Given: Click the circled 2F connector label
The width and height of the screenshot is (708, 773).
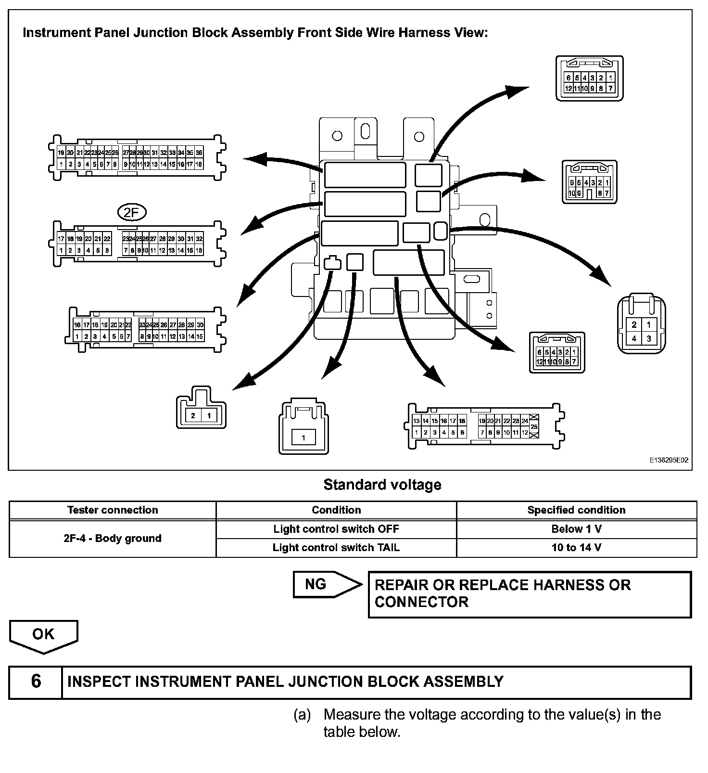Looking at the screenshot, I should (x=131, y=212).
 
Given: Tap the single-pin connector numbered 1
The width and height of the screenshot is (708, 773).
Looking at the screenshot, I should (x=303, y=426).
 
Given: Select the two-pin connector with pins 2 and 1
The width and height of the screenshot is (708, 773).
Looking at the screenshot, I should (x=201, y=408).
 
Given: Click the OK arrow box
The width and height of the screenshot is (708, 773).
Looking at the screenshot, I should (x=43, y=636).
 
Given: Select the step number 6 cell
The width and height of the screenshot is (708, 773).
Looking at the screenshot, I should (x=36, y=682).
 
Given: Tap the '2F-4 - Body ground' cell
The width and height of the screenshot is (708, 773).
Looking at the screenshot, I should (x=113, y=538).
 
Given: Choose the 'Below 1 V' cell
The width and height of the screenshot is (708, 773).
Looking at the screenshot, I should (x=576, y=529).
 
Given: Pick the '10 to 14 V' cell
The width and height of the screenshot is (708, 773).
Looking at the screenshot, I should (x=576, y=548).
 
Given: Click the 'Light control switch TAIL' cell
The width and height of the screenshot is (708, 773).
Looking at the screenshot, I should (x=336, y=548).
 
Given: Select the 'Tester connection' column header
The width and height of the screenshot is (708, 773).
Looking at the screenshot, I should (x=113, y=510).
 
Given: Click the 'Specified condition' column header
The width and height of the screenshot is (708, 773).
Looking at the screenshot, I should (x=576, y=510).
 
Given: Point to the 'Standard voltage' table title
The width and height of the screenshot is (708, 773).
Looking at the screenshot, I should (x=382, y=485).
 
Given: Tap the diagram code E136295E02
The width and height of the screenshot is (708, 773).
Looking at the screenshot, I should (x=669, y=460).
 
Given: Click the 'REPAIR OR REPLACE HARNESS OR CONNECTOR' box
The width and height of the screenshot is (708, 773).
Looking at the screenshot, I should (x=529, y=594).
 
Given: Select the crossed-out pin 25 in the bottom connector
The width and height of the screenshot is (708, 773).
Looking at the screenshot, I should (x=534, y=426).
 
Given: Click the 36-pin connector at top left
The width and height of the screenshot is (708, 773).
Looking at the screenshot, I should (x=137, y=158).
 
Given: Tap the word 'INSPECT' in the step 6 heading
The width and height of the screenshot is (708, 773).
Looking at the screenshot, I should (x=99, y=682).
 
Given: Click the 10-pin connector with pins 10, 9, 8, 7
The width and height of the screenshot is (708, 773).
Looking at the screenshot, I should (x=589, y=182).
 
